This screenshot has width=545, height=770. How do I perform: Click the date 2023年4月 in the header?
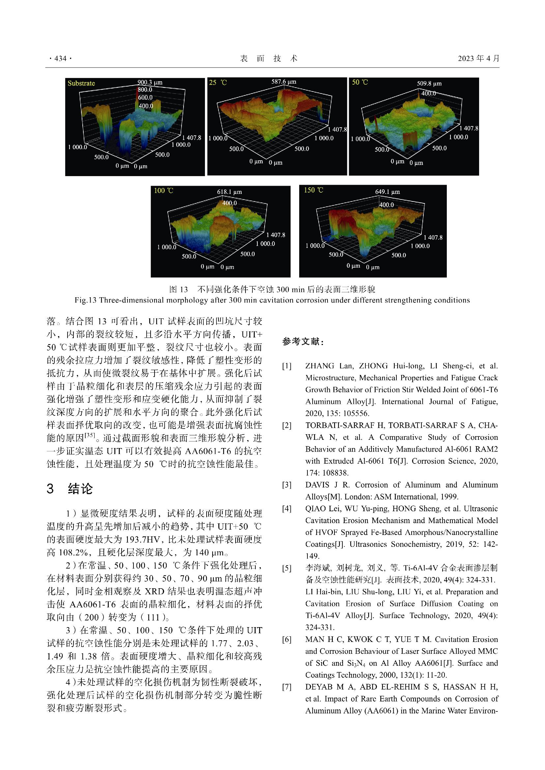pyautogui.click(x=478, y=58)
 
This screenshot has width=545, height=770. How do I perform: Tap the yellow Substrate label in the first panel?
pyautogui.click(x=81, y=83)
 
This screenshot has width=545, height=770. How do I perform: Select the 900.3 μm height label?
pyautogui.click(x=150, y=82)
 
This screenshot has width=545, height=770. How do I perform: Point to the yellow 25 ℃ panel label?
pyautogui.click(x=218, y=82)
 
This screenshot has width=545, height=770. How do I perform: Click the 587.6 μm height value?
pyautogui.click(x=284, y=82)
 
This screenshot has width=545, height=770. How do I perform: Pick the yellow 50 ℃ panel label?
pyautogui.click(x=360, y=82)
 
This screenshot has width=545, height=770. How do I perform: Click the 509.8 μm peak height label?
pyautogui.click(x=429, y=84)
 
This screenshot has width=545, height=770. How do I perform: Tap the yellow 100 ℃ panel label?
pyautogui.click(x=163, y=191)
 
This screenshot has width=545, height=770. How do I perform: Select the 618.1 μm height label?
pyautogui.click(x=229, y=192)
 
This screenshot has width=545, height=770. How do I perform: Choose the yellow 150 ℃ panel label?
pyautogui.click(x=313, y=190)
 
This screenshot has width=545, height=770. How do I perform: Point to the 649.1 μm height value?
pyautogui.click(x=387, y=192)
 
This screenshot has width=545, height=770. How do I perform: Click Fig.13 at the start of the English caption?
pyautogui.click(x=85, y=300)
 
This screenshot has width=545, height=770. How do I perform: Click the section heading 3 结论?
pyautogui.click(x=70, y=489)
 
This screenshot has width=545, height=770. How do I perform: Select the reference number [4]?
pyautogui.click(x=287, y=509)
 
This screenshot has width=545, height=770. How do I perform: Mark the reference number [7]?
pyautogui.click(x=287, y=687)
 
